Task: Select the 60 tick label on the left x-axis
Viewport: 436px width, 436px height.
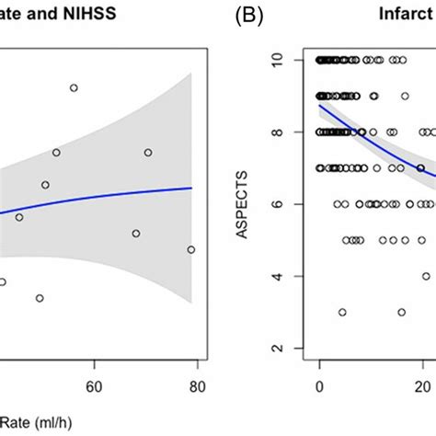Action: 93,387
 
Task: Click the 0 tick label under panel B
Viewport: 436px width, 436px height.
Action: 318,387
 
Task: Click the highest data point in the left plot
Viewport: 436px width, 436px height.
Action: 74,88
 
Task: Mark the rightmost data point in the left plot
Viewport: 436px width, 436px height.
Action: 191,249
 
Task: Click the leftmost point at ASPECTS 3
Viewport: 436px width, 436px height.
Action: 342,312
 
